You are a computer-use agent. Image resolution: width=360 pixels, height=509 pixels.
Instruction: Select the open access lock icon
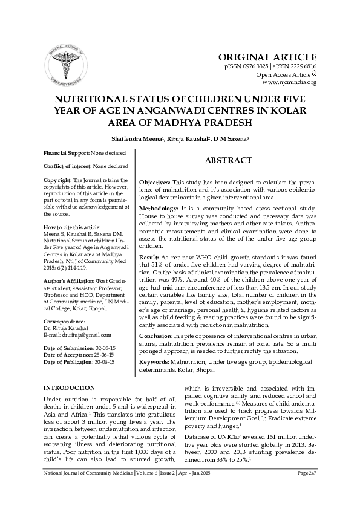pos(314,74)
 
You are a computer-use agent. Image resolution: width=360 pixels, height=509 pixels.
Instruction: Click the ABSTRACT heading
pos(228,160)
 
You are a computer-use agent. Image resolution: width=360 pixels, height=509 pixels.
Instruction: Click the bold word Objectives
pos(155,183)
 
